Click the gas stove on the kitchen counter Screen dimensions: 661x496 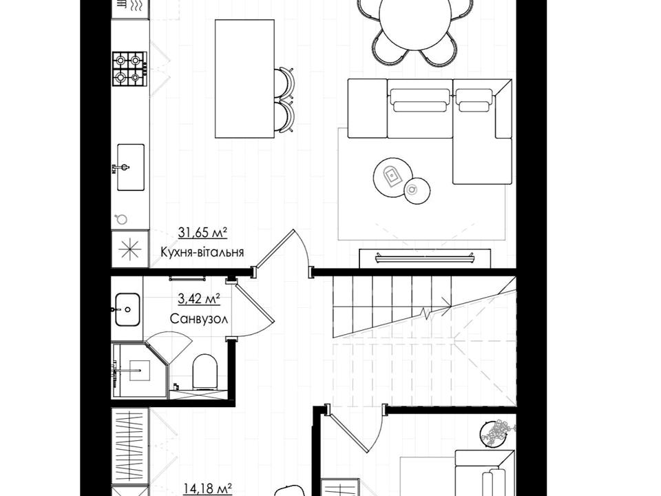tap(130, 69)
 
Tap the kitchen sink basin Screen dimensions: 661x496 tap(131, 167)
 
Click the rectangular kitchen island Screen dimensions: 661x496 tap(244, 79)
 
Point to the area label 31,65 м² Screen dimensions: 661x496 tap(202, 232)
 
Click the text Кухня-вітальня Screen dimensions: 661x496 tap(202, 252)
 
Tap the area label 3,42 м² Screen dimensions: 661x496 tap(199, 300)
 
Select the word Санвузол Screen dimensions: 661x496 tap(199, 319)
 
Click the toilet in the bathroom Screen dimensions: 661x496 tap(205, 371)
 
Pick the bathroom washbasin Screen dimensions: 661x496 tap(127, 309)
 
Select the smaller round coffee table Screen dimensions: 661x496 tap(417, 190)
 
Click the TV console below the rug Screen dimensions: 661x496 tap(425, 258)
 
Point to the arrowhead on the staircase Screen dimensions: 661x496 tap(445, 302)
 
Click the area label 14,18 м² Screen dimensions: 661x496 tap(208, 489)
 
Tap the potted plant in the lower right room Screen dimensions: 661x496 tap(496, 433)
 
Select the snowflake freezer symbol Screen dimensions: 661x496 tap(130, 249)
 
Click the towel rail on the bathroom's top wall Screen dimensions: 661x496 tap(187, 279)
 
